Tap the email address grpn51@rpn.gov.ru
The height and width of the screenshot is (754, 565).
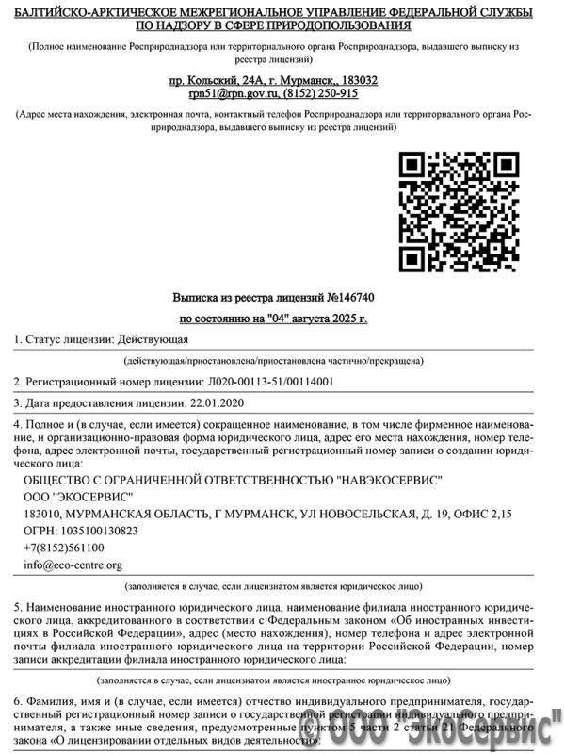point(229,93)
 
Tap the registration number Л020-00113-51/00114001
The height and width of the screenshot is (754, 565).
point(269,382)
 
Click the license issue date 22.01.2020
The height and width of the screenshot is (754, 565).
point(218,403)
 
